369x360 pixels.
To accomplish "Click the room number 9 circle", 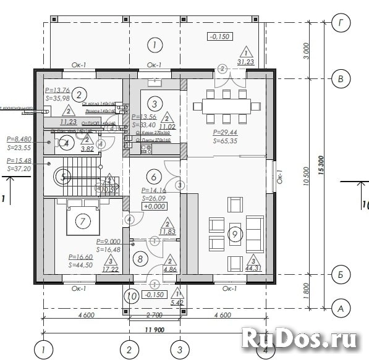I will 234,233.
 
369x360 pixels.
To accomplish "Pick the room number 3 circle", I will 155,103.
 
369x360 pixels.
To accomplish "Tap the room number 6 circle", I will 155,176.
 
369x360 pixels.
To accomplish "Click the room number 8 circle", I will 140,259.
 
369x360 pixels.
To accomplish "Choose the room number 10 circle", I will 132,296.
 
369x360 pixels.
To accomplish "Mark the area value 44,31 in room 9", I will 252,267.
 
